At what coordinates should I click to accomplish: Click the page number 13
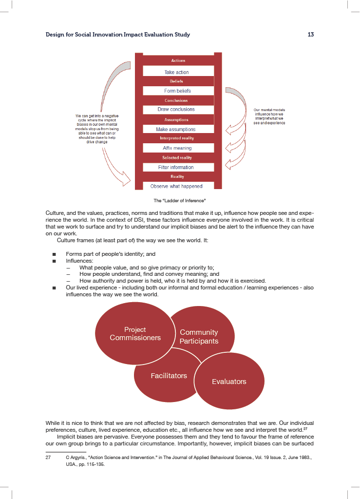(310, 35)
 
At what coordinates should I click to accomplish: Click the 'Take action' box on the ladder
(178, 72)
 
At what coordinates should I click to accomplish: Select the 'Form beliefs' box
(178, 91)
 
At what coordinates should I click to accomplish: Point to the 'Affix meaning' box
(178, 148)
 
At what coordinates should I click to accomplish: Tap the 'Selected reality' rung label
(178, 158)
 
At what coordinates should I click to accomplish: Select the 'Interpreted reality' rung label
(178, 138)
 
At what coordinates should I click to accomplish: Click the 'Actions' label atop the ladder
(178, 61)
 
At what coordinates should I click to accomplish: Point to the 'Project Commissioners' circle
(135, 334)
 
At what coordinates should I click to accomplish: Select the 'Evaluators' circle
(229, 382)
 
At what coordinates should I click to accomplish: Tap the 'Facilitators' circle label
(169, 376)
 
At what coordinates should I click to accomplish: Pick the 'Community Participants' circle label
(199, 337)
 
